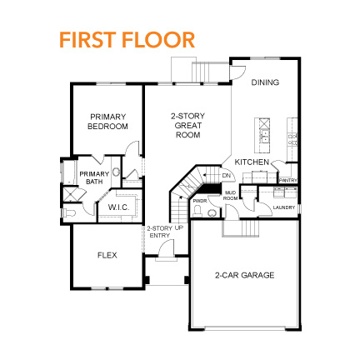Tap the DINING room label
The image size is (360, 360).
[x=265, y=82]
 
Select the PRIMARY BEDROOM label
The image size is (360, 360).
[x=108, y=122]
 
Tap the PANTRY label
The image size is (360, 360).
[x=288, y=180]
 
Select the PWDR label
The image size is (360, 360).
[x=200, y=200]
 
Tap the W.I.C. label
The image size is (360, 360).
[x=117, y=207]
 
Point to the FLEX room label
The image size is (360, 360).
[x=106, y=255]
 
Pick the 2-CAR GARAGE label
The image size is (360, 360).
[x=244, y=274]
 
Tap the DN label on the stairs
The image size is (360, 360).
[x=226, y=176]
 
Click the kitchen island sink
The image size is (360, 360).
[x=264, y=132]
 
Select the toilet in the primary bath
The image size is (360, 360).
[x=71, y=214]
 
